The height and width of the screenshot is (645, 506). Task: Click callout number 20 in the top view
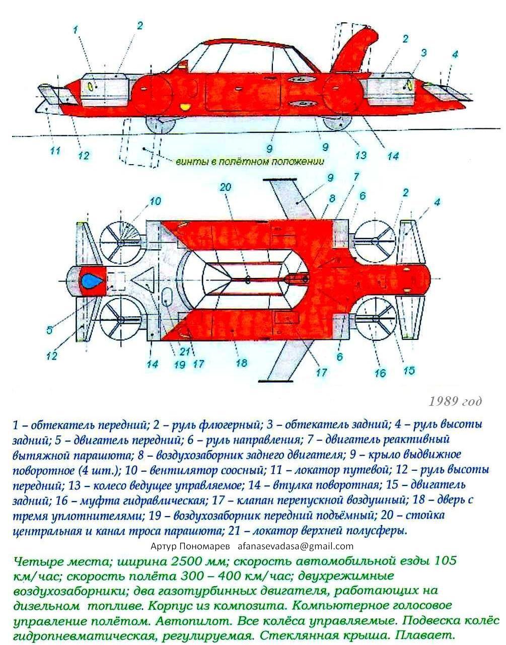[x=225, y=187]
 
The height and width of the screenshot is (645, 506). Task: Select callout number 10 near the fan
[x=155, y=201]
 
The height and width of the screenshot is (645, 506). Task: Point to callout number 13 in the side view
[x=361, y=155]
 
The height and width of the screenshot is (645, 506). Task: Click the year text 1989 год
[x=455, y=401]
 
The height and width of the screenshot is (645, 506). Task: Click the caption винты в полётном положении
[x=250, y=162]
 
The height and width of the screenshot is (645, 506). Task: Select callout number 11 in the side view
[x=55, y=151]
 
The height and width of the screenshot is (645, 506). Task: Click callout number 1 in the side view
[x=76, y=30]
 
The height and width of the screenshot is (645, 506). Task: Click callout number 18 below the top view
[x=242, y=363]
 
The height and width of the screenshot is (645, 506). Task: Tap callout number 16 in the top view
[x=380, y=373]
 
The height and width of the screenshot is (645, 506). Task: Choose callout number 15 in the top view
[x=409, y=371]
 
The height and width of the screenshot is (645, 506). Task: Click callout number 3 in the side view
[x=423, y=53]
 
